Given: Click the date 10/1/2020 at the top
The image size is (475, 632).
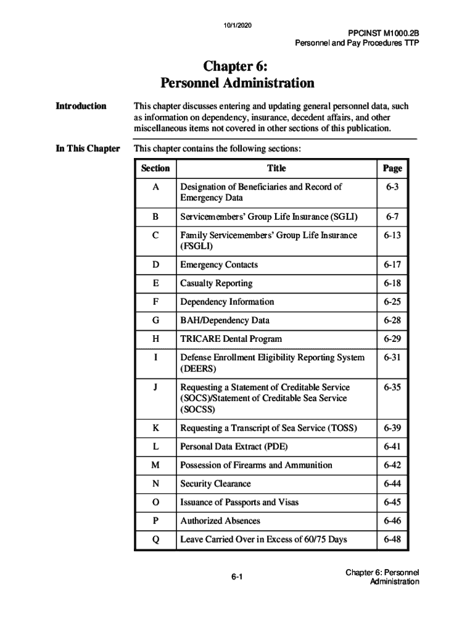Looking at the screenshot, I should (238, 25).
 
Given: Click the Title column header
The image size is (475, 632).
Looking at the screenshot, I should (276, 168).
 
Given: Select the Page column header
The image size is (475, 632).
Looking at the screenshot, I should (392, 168).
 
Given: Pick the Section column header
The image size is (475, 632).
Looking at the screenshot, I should (155, 168).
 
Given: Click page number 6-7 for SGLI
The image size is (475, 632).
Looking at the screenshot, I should (392, 217).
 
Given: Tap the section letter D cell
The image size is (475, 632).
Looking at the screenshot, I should (155, 265).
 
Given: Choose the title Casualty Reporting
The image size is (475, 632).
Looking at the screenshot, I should (216, 283).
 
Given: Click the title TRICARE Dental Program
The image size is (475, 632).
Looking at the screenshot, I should (231, 339).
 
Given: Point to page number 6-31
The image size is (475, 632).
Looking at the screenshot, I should (392, 357).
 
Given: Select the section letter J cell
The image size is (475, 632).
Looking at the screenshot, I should (155, 388).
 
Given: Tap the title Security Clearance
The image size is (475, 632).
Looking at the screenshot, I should (215, 484).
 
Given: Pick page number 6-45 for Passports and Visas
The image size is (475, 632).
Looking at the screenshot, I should (392, 502).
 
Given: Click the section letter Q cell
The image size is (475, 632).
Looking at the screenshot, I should (155, 539).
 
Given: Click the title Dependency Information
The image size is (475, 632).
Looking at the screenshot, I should (227, 302).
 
